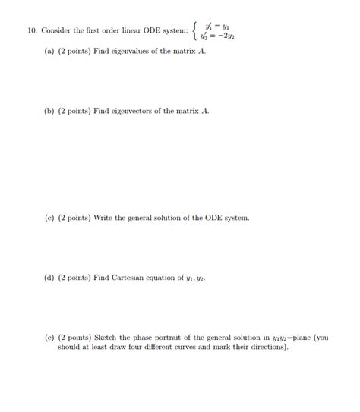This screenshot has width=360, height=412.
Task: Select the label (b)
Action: click(50, 111)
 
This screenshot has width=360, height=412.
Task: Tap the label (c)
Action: click(50, 218)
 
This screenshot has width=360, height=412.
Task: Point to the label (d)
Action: click(50, 278)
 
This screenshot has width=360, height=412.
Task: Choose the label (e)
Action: click(50, 337)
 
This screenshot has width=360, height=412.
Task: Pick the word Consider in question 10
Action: click(56, 31)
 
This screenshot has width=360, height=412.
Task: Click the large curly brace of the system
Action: click(196, 31)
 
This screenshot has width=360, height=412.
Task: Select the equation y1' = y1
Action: click(219, 25)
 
